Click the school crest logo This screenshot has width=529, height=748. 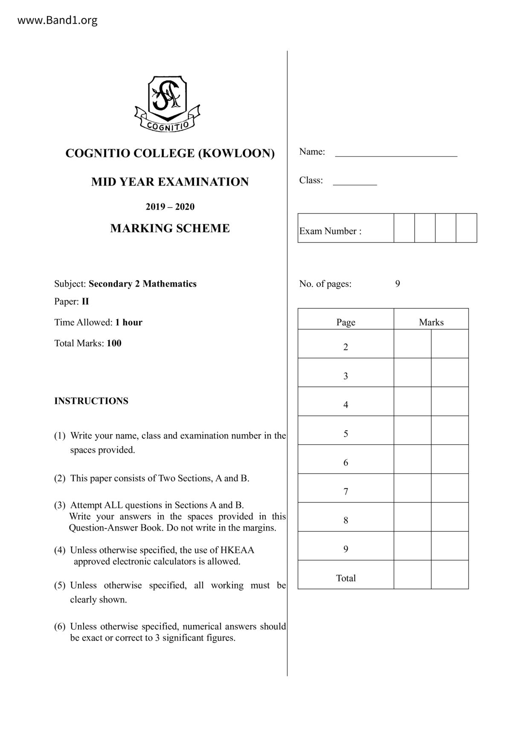167,104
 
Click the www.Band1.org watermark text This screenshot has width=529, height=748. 57,20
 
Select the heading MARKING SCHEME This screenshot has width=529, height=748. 170,229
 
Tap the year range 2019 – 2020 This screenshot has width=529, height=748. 170,207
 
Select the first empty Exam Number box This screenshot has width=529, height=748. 404,228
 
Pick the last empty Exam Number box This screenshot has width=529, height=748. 466,228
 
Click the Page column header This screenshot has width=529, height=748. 346,322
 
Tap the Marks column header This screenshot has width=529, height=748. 431,322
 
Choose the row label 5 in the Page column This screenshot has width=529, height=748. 346,434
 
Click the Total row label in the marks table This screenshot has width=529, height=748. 346,578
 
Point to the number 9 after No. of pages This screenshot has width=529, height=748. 398,284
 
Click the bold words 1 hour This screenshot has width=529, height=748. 129,322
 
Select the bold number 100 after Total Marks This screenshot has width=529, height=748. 114,343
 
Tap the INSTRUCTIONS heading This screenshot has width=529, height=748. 91,401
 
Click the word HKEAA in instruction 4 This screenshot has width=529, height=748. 237,550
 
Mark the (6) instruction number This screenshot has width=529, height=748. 60,626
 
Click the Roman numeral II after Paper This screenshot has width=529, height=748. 85,302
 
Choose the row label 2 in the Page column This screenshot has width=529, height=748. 346,347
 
